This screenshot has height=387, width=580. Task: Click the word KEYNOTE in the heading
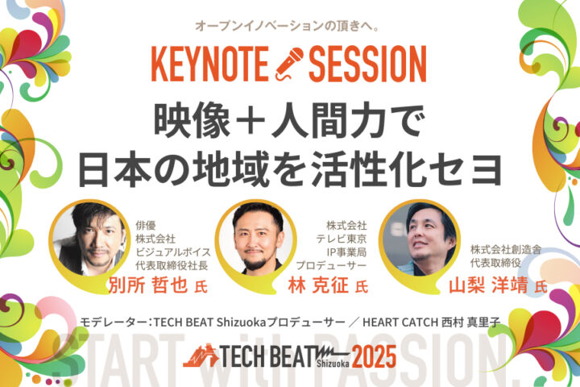(x=209, y=64)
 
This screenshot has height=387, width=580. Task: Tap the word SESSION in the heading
(x=367, y=64)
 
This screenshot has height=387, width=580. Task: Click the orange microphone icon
(x=289, y=64)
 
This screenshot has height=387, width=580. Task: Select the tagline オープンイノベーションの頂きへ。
(x=288, y=26)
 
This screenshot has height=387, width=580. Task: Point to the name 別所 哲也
(x=148, y=285)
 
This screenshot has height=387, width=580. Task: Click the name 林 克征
(x=318, y=285)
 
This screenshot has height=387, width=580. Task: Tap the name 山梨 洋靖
(x=488, y=285)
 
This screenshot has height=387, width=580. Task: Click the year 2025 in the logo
(x=374, y=356)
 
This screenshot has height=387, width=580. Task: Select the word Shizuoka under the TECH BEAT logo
(x=333, y=364)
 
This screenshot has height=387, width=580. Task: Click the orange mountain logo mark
(x=201, y=356)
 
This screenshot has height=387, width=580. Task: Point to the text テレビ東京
(x=341, y=239)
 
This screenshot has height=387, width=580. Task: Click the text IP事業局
(x=346, y=252)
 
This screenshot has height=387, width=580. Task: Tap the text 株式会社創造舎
(x=506, y=250)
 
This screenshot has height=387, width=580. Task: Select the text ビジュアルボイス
(x=173, y=252)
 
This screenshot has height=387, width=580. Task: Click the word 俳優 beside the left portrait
(x=146, y=225)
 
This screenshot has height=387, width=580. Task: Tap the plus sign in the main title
(x=251, y=121)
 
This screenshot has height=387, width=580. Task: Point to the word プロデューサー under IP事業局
(x=331, y=265)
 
